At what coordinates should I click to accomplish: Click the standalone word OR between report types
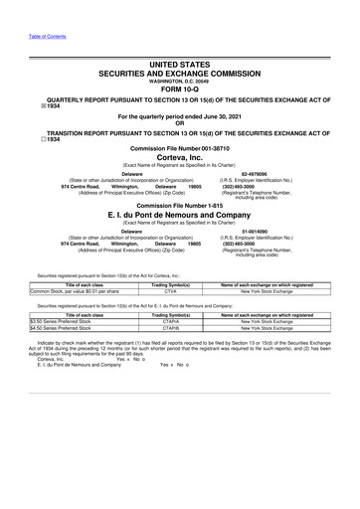180,122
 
